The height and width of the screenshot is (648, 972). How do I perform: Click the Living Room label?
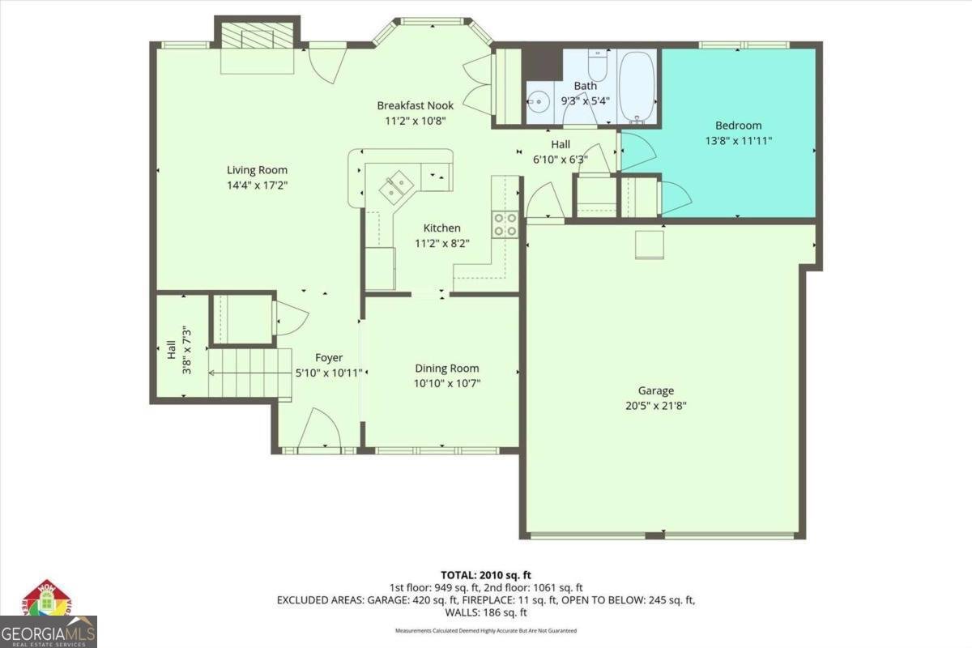point(257,170)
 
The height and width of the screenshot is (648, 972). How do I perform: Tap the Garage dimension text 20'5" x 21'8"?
point(654,406)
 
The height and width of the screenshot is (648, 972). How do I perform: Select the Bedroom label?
point(738,126)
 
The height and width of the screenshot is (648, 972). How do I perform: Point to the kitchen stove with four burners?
point(505,224)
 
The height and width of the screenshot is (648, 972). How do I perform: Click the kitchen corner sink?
point(397,188)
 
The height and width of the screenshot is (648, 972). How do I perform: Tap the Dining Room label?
point(447,369)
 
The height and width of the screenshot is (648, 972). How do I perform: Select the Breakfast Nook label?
point(416,105)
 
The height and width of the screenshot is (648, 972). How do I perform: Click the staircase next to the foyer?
point(249,373)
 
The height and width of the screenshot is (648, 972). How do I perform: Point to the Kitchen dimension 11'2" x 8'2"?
point(442,243)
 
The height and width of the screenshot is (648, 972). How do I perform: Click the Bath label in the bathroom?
point(585,86)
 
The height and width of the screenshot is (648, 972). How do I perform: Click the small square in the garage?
point(649,244)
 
